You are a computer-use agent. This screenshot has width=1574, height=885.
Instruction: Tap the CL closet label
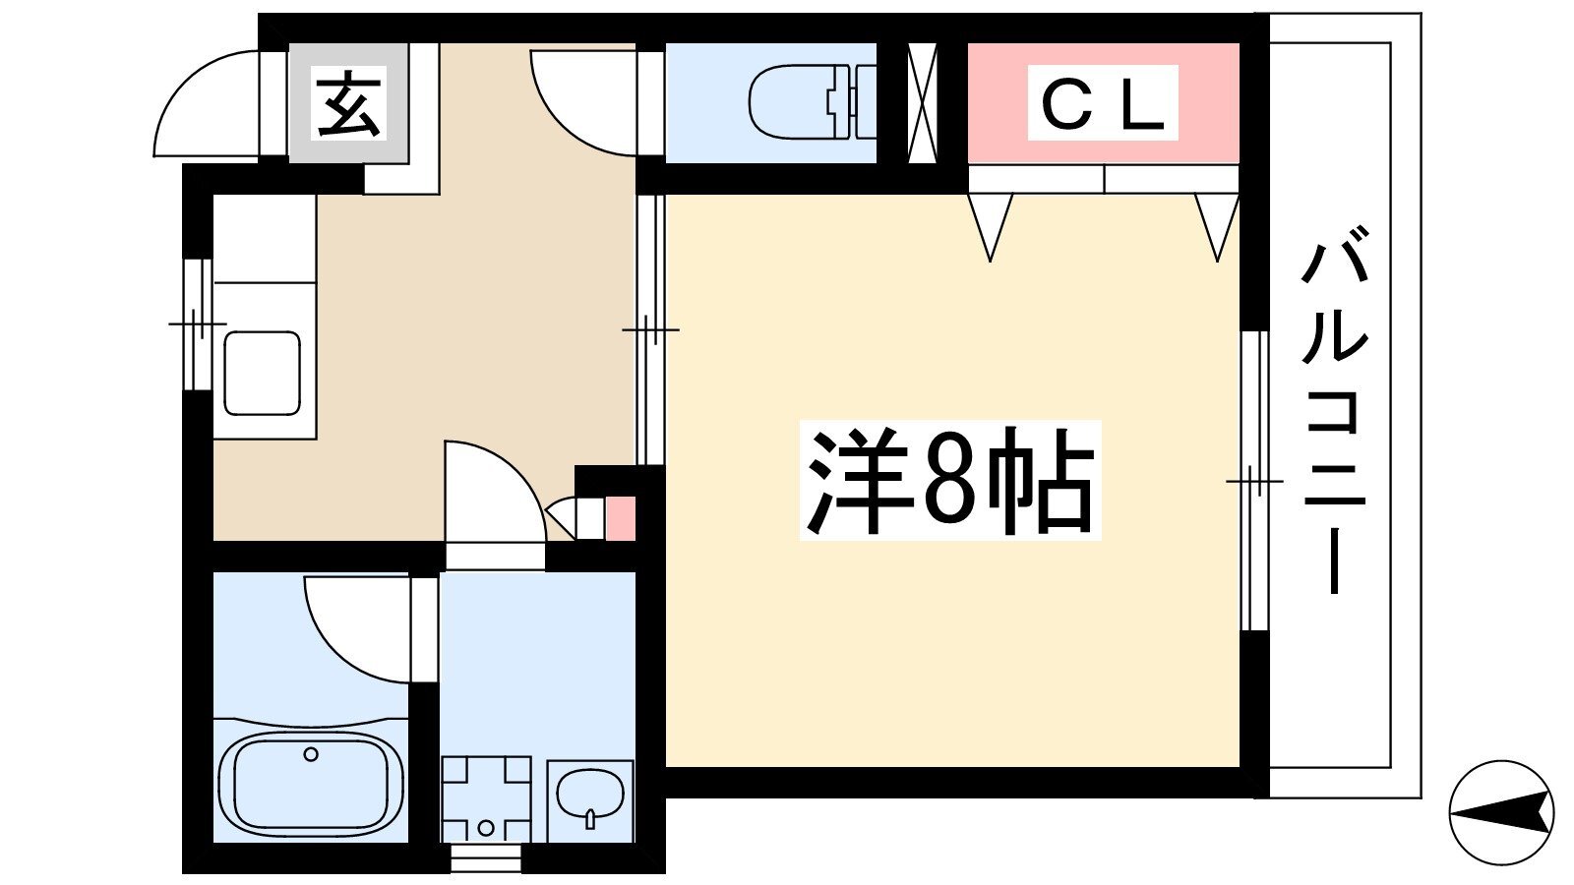tap(1103, 102)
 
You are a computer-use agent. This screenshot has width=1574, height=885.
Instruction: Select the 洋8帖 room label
tap(950, 481)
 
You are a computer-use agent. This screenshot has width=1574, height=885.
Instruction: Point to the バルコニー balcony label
tap(1333, 409)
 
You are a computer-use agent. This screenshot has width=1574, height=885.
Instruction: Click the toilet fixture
tap(813, 102)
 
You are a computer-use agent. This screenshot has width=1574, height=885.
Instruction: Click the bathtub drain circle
tap(311, 755)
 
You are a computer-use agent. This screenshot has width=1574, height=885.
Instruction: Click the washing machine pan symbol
tap(486, 799)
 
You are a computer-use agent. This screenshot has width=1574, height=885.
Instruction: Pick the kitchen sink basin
tap(262, 373)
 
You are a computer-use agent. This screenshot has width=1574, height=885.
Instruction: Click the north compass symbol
tap(1501, 812)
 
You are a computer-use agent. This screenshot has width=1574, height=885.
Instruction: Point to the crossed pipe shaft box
tap(922, 102)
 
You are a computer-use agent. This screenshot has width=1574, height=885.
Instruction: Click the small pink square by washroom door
tap(621, 518)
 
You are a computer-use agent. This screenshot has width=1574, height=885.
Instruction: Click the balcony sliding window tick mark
tap(1255, 481)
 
